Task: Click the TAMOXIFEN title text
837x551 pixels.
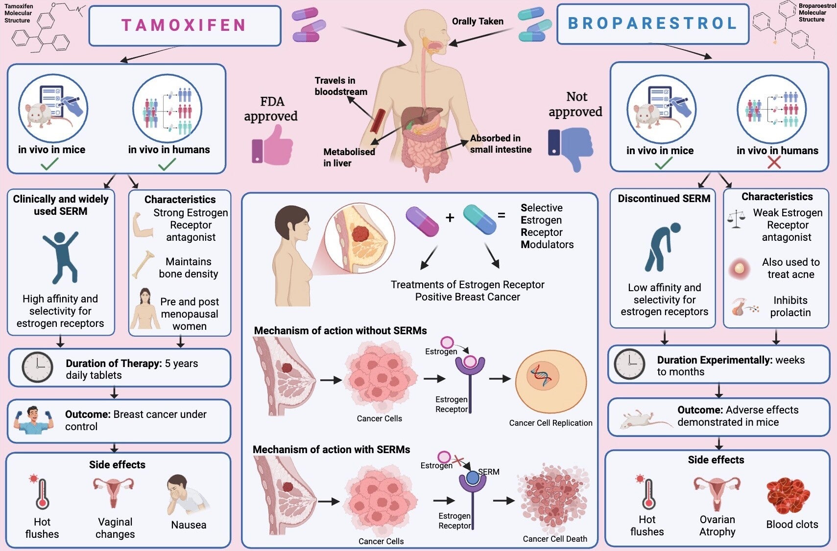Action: pos(184,25)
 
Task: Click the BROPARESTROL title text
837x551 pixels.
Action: pos(652,23)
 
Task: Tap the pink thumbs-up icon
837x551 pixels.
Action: pos(272,145)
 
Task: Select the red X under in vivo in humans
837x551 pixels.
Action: pos(774,162)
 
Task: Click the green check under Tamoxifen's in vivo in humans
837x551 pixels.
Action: pos(167,164)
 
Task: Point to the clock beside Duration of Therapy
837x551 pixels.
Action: pos(37,367)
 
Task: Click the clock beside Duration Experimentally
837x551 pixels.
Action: pos(630,364)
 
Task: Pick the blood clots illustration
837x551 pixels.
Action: pos(788,495)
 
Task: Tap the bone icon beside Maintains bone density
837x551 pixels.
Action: pos(143,265)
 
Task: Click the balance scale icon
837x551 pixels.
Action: pos(736,219)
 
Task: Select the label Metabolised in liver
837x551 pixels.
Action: pos(349,157)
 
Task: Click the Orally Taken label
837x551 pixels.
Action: pos(478,21)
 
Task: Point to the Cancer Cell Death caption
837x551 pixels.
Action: pos(555,539)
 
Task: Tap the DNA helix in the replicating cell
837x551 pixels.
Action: pos(542,376)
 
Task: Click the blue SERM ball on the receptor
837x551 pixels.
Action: pos(473,478)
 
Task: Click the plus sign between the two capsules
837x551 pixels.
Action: pos(450,217)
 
